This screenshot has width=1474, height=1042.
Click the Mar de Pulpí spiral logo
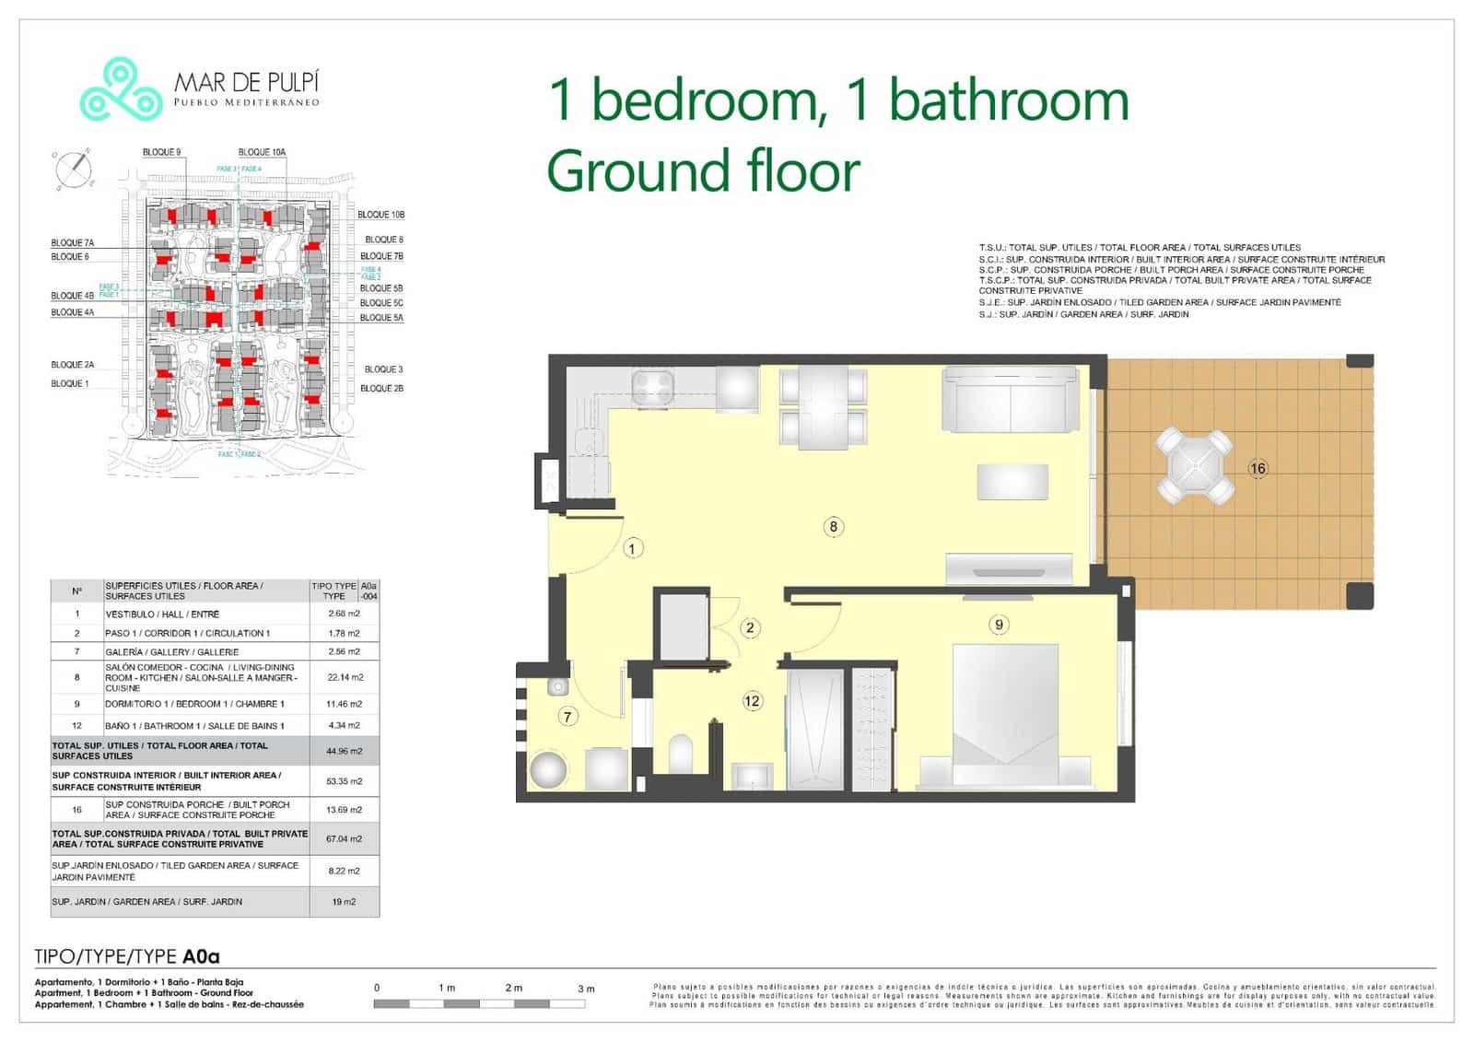tap(121, 89)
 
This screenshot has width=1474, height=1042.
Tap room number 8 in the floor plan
tap(833, 527)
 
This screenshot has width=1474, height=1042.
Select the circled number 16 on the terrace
tap(1258, 468)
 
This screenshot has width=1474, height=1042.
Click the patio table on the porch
tap(1195, 465)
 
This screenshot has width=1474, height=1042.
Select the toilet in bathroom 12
tap(681, 754)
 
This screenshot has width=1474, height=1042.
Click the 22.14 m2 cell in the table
tap(345, 677)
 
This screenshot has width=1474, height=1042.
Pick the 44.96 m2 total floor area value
tap(345, 751)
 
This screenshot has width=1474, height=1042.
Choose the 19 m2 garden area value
tap(344, 902)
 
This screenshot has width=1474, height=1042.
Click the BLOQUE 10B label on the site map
tap(380, 215)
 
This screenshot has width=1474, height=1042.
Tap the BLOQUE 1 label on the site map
tap(70, 383)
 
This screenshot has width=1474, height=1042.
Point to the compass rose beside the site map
tap(74, 170)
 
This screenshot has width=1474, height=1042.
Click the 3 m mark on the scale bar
tap(586, 989)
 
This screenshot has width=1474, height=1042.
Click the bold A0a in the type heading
tap(201, 957)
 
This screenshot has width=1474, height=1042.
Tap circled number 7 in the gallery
tap(567, 716)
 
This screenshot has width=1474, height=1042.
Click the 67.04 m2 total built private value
tap(344, 839)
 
